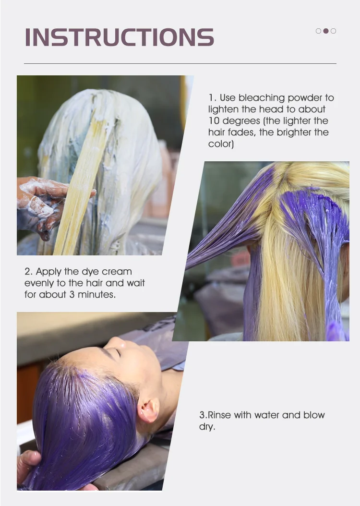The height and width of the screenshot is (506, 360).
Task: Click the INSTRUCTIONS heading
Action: (119, 37)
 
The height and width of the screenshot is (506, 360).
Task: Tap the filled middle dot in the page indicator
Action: (326, 31)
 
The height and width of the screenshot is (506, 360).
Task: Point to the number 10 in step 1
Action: (214, 121)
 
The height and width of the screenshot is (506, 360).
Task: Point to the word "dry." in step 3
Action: (207, 426)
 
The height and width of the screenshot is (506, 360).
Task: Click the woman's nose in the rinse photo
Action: (115, 342)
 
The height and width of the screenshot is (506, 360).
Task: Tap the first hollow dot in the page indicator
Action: (318, 31)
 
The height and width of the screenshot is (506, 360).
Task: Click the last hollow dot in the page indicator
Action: (334, 31)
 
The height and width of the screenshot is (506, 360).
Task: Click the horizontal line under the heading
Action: (180, 63)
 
